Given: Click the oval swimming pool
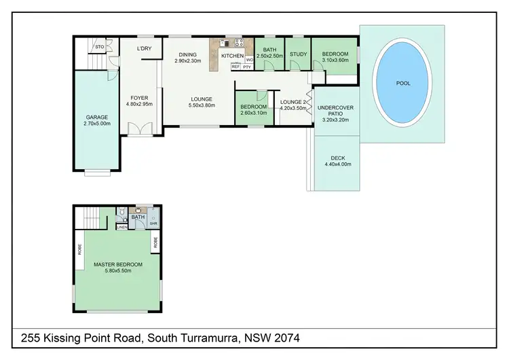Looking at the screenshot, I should (403, 83).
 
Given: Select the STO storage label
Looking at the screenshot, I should (99, 47).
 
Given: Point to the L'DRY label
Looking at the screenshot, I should (144, 48).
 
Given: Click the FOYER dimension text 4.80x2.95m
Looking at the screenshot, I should (138, 105).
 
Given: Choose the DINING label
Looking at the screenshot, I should (187, 55).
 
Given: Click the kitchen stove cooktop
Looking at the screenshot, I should (238, 43).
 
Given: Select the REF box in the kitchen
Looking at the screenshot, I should (235, 67).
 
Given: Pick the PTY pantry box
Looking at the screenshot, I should (247, 67).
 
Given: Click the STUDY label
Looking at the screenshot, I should (298, 54).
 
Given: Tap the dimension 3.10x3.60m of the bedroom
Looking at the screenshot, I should (335, 60).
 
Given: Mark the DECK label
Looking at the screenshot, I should (337, 158).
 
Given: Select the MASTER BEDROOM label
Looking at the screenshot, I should (118, 264).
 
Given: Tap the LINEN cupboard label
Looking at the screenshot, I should (121, 227).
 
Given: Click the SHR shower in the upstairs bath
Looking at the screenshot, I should (153, 222).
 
